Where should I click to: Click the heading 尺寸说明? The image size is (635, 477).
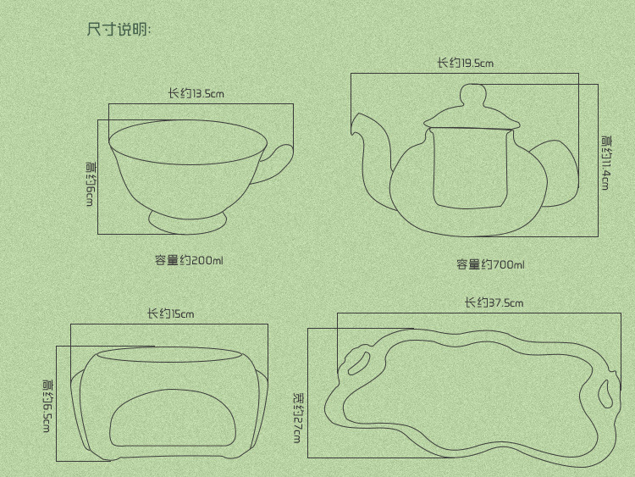click(119, 31)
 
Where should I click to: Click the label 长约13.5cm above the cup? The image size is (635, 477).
click(196, 93)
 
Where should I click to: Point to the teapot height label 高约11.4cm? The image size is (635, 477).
click(605, 162)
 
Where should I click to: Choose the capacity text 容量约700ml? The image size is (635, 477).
click(490, 265)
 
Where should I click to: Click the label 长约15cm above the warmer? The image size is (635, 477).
click(170, 313)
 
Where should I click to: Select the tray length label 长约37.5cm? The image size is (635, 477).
click(493, 302)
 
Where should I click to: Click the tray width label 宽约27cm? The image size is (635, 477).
click(297, 416)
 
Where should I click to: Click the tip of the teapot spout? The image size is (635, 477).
click(354, 126)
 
